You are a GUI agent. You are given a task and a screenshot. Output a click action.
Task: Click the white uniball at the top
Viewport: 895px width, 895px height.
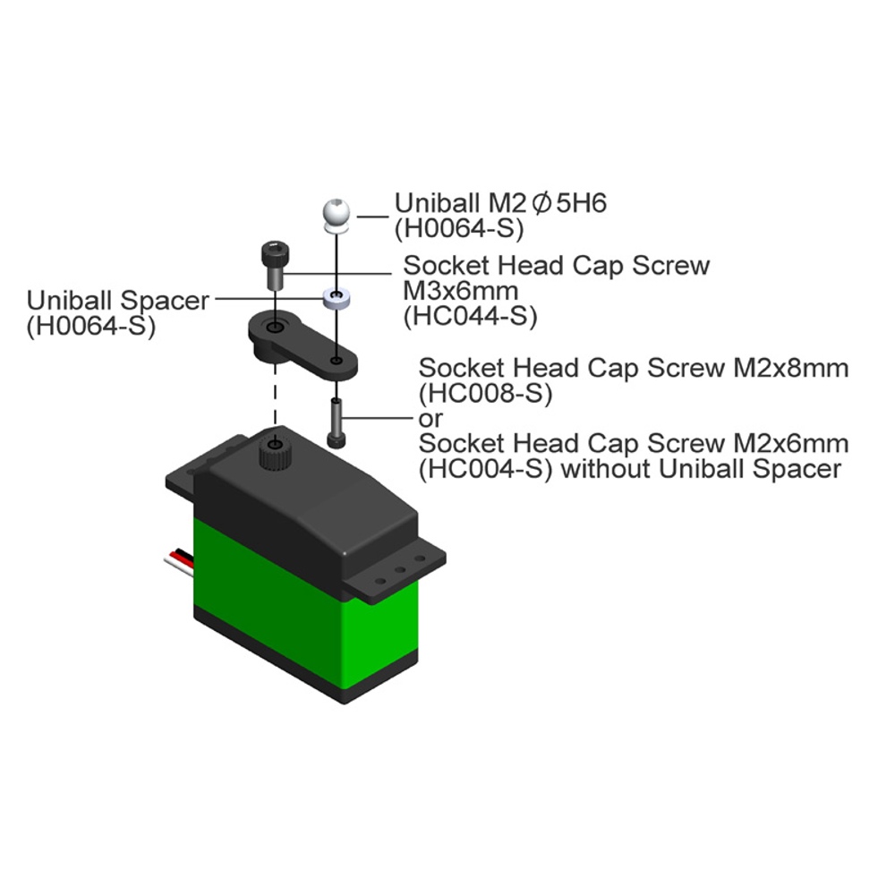click(x=335, y=214)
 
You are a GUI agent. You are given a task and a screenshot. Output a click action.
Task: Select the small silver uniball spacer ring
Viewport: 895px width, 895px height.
click(x=335, y=297)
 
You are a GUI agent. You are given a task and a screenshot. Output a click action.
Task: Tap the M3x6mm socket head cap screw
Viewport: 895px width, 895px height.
click(x=274, y=263)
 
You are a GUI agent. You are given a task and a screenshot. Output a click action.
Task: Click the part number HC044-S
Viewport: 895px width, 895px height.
click(x=469, y=316)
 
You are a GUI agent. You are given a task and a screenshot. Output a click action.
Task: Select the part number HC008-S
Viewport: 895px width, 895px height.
click(x=485, y=393)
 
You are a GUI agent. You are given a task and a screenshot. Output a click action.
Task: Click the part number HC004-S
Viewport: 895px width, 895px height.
click(x=485, y=469)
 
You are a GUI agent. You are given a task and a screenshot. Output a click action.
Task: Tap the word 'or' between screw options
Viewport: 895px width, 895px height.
click(x=430, y=418)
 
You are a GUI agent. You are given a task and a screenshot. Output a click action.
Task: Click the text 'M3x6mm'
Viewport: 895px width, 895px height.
click(x=460, y=291)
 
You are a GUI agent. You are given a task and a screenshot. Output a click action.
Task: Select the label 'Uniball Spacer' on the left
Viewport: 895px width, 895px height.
click(x=117, y=301)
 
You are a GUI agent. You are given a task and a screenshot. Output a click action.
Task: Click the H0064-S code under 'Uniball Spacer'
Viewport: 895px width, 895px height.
click(x=90, y=326)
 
